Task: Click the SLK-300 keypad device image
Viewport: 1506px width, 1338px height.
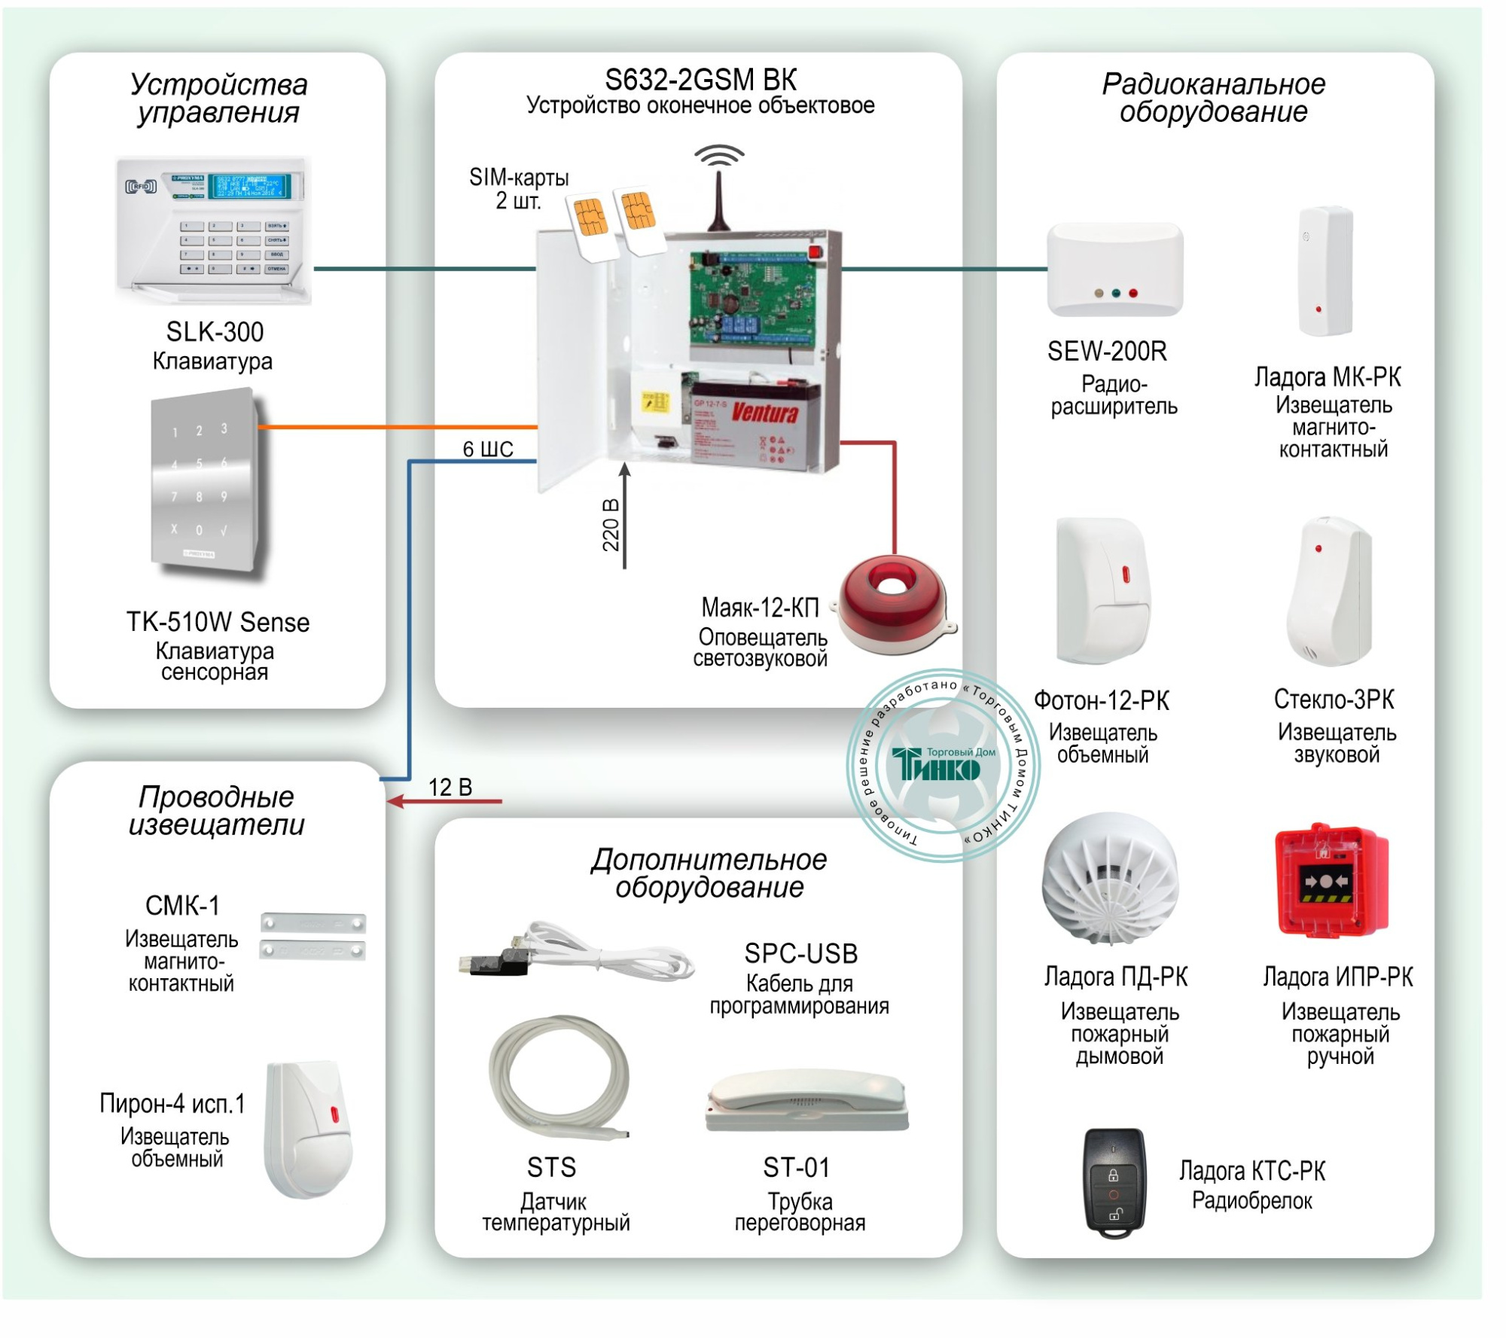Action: click(x=213, y=229)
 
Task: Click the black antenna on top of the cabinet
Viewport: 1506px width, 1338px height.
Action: click(x=718, y=200)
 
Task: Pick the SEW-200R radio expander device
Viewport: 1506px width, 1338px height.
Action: click(x=1114, y=269)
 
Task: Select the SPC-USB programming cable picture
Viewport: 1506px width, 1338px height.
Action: click(x=576, y=953)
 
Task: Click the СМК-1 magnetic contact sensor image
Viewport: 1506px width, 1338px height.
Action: click(x=312, y=936)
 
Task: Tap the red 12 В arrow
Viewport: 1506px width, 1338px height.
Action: click(x=444, y=802)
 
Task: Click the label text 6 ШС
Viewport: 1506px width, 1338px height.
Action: click(x=488, y=450)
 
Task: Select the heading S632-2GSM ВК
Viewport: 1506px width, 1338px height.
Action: click(x=700, y=80)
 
